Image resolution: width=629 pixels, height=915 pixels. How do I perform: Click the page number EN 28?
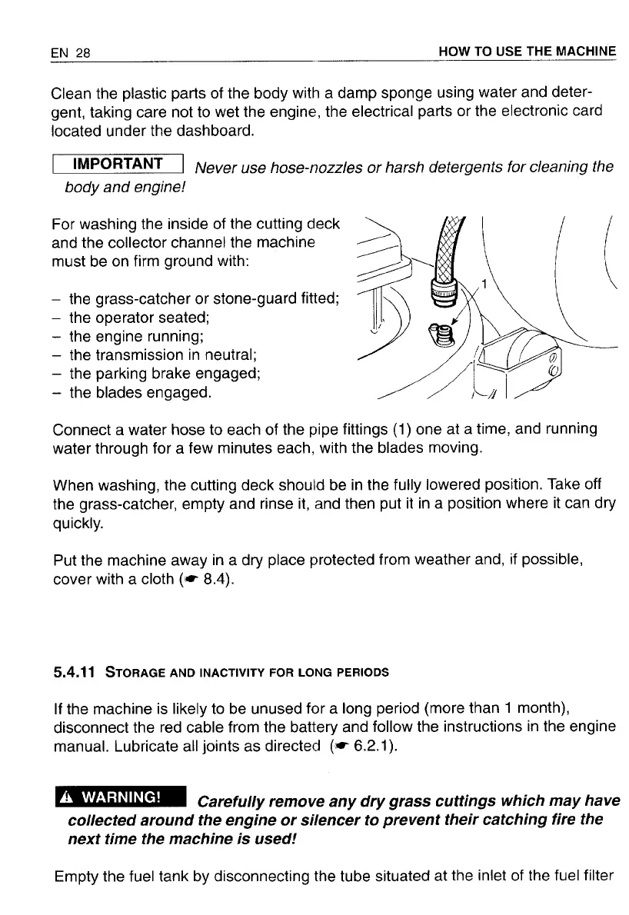point(70,53)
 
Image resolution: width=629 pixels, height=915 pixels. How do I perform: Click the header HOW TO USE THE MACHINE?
point(527,52)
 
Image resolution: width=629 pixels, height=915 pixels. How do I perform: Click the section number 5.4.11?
point(73,672)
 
